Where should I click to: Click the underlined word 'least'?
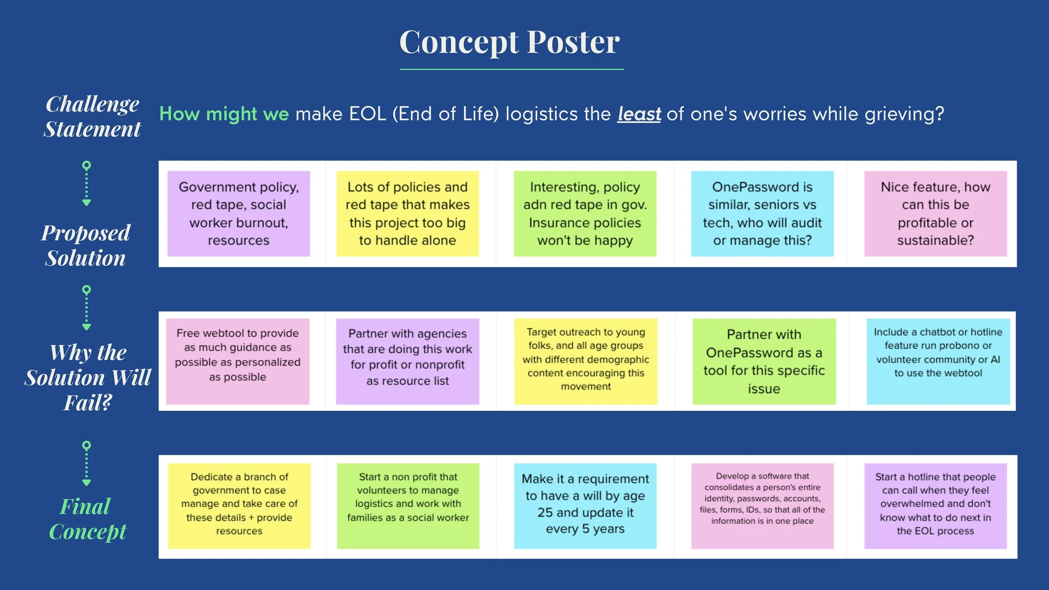639,114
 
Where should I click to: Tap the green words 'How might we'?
224,114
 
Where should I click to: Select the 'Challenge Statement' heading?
92,116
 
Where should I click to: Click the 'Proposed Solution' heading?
86,245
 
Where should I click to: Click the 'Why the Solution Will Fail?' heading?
88,377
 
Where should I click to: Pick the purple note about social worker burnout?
239,214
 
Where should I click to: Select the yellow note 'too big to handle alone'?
407,214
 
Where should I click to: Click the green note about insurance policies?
585,214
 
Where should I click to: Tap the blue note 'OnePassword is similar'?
762,214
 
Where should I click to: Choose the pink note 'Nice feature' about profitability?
935,214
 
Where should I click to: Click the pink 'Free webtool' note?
238,361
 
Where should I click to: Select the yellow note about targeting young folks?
586,361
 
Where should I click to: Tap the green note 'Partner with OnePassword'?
764,361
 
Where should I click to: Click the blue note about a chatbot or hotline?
938,361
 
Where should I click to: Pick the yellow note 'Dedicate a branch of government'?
239,506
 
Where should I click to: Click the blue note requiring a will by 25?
585,506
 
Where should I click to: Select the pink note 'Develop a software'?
762,506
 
